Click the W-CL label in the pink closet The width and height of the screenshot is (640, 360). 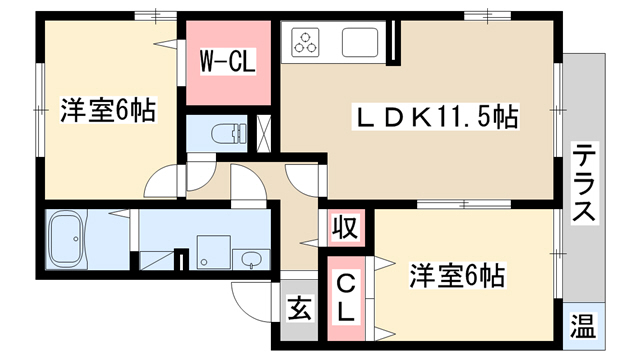point(227,61)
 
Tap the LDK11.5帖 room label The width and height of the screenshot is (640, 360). point(435,117)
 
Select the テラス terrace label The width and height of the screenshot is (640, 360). point(584,182)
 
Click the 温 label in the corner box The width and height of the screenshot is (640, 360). point(583,325)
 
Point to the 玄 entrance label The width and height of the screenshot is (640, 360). point(299,308)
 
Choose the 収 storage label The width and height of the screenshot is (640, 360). point(346,228)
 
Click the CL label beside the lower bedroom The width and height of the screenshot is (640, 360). point(346,298)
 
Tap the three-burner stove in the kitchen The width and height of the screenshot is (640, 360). point(305,42)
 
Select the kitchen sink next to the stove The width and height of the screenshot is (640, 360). point(360,42)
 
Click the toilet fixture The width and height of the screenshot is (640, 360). point(229,133)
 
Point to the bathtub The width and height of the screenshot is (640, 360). point(66,239)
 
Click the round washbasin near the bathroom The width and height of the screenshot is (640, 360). point(250,259)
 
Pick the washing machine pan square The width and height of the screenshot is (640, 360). point(214,252)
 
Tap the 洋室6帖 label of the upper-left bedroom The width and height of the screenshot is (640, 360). point(108,110)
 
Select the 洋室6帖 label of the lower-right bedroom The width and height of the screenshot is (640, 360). point(457,276)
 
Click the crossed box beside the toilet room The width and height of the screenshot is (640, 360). point(263,134)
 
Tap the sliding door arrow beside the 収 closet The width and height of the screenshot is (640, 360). point(309,244)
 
